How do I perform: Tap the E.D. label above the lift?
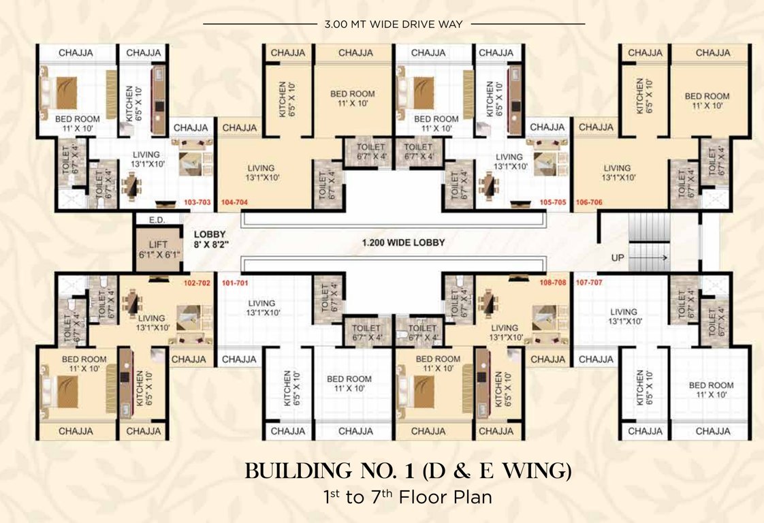156,219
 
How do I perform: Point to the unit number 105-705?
552,203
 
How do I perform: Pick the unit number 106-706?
590,203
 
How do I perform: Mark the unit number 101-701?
236,282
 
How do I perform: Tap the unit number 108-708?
552,282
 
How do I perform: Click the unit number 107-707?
590,282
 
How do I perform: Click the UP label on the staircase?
618,258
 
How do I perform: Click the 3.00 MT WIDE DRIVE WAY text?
394,25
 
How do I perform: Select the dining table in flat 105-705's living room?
488,185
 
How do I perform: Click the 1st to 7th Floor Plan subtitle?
407,497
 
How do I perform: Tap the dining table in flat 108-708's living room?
488,301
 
